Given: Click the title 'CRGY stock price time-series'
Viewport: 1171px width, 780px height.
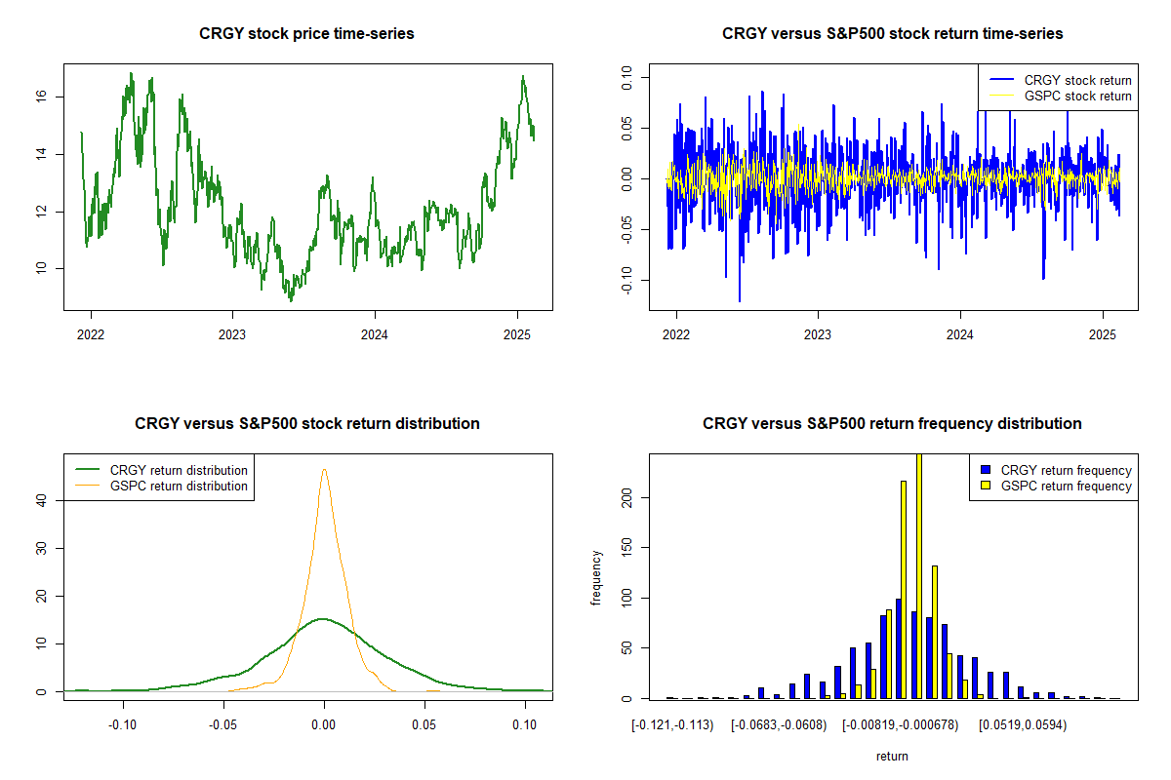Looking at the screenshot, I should [306, 34].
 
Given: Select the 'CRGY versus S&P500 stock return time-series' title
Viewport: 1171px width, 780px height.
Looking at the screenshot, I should [892, 34].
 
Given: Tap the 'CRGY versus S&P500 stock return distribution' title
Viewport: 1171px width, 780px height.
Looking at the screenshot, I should [306, 424].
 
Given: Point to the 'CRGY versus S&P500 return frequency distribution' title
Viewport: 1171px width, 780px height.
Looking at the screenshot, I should [892, 424].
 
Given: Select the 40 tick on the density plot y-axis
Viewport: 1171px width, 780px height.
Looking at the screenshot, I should [44, 500].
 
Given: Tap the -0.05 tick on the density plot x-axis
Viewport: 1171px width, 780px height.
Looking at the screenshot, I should [222, 724].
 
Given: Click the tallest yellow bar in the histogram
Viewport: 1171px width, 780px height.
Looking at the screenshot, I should [918, 575].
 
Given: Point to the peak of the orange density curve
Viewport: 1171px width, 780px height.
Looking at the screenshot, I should [324, 470].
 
